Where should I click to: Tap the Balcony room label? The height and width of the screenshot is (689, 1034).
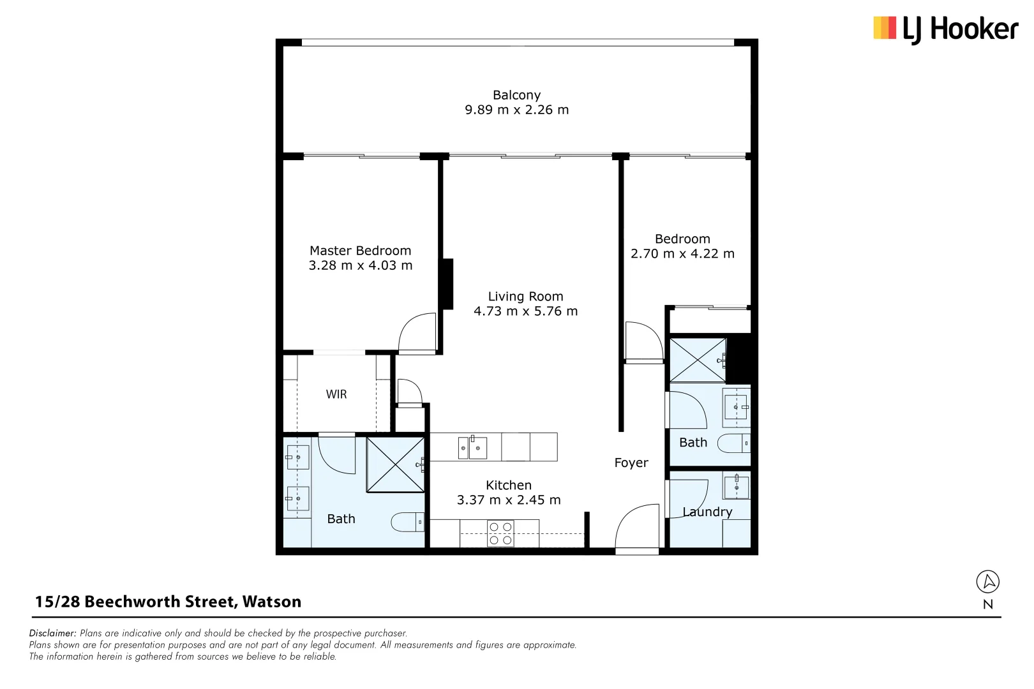(516, 95)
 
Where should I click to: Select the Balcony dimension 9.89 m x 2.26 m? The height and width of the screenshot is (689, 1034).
(516, 110)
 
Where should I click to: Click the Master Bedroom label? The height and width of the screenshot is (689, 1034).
(360, 251)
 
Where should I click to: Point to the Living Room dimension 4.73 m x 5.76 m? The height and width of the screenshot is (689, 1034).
(525, 311)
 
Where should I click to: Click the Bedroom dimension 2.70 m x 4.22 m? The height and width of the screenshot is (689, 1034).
(682, 254)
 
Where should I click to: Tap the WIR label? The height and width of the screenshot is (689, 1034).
(336, 394)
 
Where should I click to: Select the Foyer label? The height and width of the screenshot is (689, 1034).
(631, 463)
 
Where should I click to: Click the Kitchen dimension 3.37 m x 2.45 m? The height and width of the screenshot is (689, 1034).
(509, 500)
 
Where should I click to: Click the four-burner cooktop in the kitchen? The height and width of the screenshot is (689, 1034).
(500, 533)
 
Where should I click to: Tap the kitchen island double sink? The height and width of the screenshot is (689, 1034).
(472, 447)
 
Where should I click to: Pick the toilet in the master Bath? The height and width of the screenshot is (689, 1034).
(407, 522)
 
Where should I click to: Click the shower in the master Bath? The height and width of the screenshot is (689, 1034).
(395, 464)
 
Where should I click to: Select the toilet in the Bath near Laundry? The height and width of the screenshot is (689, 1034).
(733, 443)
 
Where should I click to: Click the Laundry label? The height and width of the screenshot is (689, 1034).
(707, 512)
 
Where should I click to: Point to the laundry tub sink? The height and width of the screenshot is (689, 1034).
(736, 487)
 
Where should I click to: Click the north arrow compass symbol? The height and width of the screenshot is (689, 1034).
(987, 582)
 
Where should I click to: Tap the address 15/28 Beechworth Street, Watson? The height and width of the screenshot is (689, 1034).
(168, 602)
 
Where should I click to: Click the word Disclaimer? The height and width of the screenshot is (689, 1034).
(52, 633)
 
